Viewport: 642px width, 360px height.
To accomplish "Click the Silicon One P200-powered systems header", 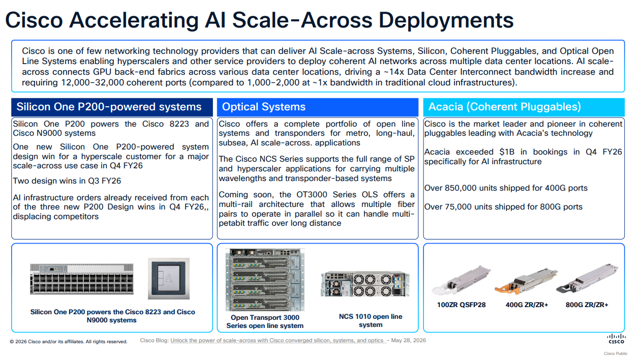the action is pos(109,107).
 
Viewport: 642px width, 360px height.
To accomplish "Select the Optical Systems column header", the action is pos(264,107).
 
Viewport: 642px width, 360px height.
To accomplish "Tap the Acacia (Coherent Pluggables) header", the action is pos(504,107).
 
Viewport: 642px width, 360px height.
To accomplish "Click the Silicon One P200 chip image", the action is pos(169,278).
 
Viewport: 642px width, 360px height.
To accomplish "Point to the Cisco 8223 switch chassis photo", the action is pos(82,279).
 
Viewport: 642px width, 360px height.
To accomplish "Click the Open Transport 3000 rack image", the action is pos(265,280).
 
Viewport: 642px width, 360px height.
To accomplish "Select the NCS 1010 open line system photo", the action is pos(365,284).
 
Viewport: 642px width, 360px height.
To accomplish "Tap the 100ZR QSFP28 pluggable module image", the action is pos(461,280).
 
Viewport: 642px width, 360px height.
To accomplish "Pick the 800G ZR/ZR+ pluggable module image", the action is pos(587,278).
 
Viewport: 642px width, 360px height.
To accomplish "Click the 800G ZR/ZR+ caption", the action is pos(587,305).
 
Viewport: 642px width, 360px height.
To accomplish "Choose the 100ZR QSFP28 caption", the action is pos(461,305).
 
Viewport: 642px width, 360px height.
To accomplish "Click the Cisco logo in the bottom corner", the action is pos(616,339).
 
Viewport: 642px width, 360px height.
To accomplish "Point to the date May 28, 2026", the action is pos(408,340).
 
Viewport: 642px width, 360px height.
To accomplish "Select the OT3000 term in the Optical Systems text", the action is pos(312,194).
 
